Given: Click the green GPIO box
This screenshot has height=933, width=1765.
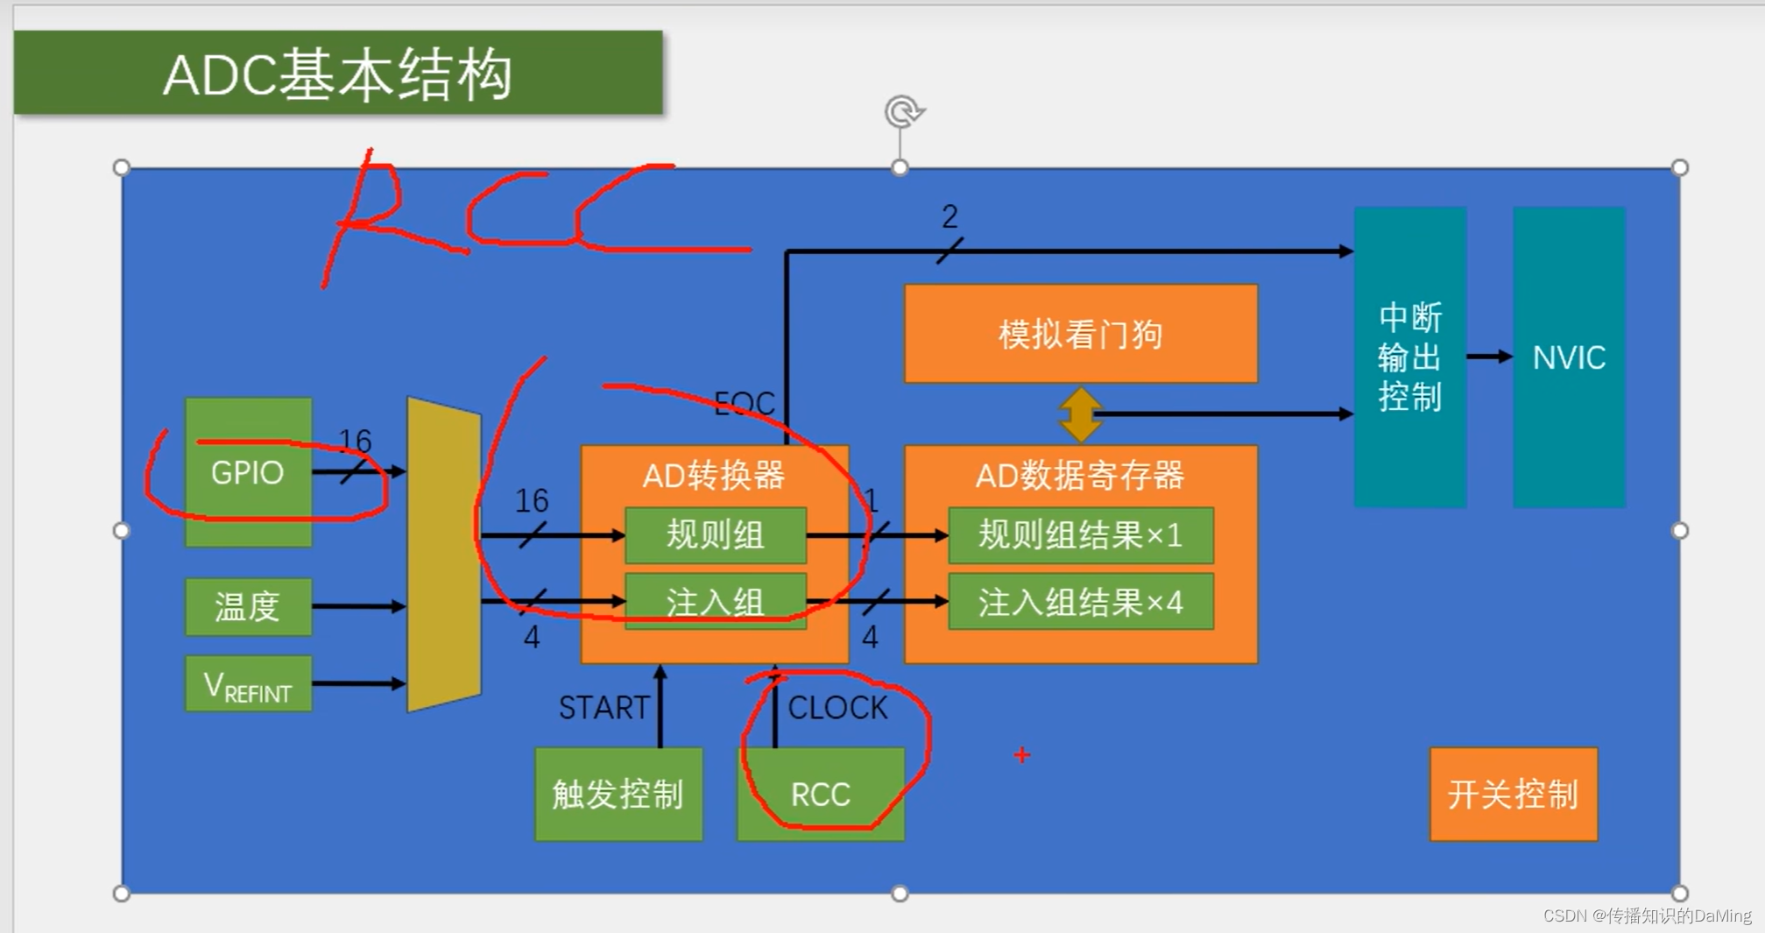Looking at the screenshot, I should click(x=248, y=472).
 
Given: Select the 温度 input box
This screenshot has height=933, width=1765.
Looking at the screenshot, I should click(x=248, y=606).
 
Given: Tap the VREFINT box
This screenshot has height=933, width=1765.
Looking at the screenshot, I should click(x=248, y=684).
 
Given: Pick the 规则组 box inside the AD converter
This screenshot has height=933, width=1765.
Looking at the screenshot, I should click(x=715, y=534).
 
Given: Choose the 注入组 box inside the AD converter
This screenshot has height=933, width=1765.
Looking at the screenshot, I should click(x=715, y=602).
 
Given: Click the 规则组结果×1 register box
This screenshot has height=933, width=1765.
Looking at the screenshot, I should click(x=1080, y=534).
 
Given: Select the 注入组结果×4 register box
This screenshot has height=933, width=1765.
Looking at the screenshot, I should click(x=1080, y=602).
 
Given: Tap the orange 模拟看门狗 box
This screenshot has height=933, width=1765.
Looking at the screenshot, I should click(x=1080, y=334).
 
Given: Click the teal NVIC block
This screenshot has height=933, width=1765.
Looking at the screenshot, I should click(x=1569, y=357).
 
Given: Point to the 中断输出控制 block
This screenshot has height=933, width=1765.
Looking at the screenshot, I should click(x=1409, y=357).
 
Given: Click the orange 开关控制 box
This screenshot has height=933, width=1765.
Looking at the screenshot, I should click(x=1513, y=794).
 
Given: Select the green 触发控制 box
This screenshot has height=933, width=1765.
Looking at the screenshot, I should click(x=618, y=794).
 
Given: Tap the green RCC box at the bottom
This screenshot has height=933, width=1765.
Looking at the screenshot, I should click(x=821, y=794).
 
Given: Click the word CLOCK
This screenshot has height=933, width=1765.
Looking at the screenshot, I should click(x=837, y=707).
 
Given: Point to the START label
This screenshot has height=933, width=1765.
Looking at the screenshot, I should click(x=604, y=707).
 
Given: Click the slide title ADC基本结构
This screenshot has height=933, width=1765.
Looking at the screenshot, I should click(x=337, y=74).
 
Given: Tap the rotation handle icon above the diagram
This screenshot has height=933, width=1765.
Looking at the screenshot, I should click(x=903, y=112).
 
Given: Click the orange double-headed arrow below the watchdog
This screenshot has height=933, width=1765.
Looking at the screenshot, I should click(x=1080, y=414).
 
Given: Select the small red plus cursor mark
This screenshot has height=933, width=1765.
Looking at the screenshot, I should click(x=1022, y=754).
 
